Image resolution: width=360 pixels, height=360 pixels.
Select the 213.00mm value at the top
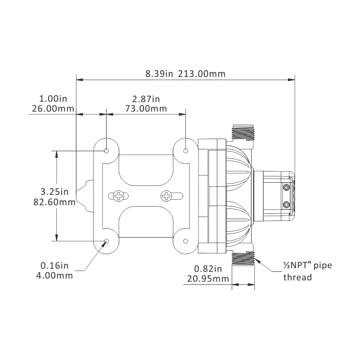(x=202, y=74)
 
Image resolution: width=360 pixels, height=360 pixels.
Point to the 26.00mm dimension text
(x=53, y=108)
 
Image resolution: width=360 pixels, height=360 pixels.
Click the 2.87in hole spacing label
(x=146, y=99)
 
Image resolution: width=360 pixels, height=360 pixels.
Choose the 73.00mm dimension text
(x=146, y=108)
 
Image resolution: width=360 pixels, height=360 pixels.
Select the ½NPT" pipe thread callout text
(x=307, y=271)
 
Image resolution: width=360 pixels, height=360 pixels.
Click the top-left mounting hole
(x=107, y=150)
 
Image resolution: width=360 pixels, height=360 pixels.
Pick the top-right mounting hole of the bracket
(x=186, y=150)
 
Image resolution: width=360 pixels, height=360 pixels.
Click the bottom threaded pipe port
(x=243, y=260)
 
